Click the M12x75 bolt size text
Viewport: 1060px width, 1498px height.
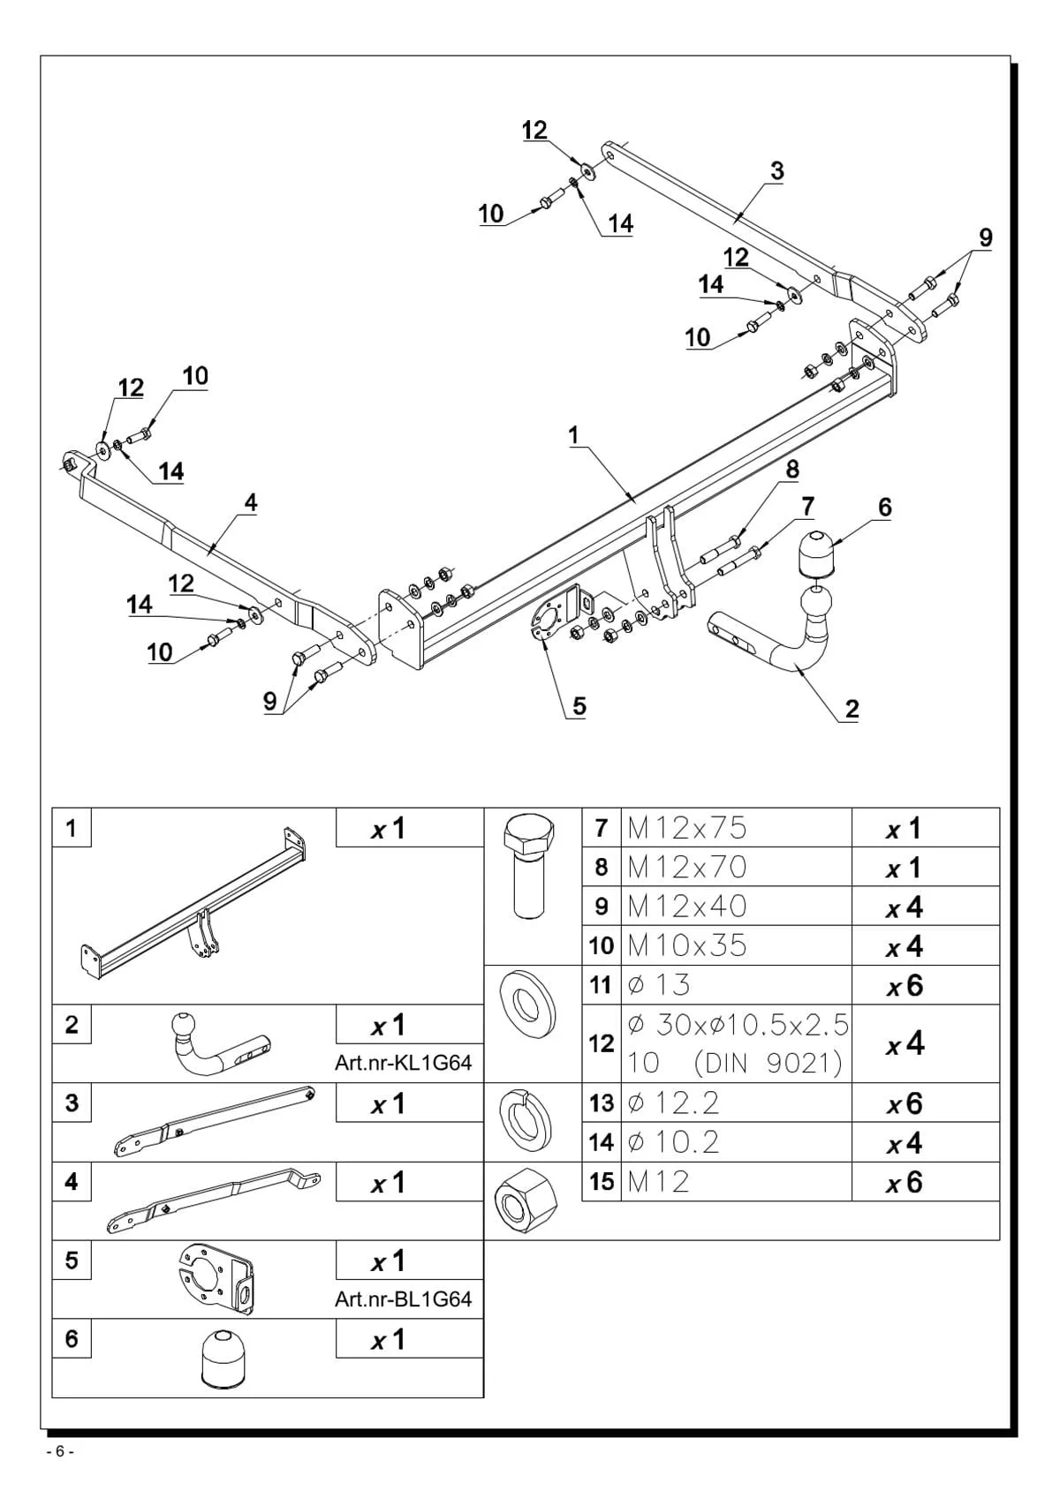pos(686,829)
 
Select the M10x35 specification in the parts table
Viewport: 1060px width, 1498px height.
pos(686,945)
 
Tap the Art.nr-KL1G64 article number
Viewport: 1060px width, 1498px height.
pos(404,1063)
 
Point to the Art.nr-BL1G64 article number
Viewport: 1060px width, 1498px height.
pos(404,1299)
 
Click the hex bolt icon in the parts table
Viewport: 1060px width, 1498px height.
pos(529,867)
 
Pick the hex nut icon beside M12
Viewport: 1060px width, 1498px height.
pos(526,1201)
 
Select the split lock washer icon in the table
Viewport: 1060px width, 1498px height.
pos(526,1124)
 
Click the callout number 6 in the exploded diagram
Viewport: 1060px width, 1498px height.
pos(885,508)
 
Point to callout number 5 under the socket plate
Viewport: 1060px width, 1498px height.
pos(579,706)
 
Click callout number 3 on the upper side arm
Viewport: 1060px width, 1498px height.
pos(776,171)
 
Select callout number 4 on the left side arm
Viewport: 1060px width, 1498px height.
pos(250,502)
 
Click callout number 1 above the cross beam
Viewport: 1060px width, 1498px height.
pos(573,436)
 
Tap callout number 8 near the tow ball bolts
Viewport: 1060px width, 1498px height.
pos(792,470)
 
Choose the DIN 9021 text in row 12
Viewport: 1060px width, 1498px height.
pos(768,1064)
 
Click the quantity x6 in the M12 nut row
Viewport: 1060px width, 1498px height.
pos(905,1182)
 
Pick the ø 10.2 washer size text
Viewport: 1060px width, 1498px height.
pos(673,1142)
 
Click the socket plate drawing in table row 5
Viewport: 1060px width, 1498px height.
pos(216,1279)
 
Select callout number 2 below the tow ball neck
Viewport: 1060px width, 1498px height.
pos(852,709)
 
